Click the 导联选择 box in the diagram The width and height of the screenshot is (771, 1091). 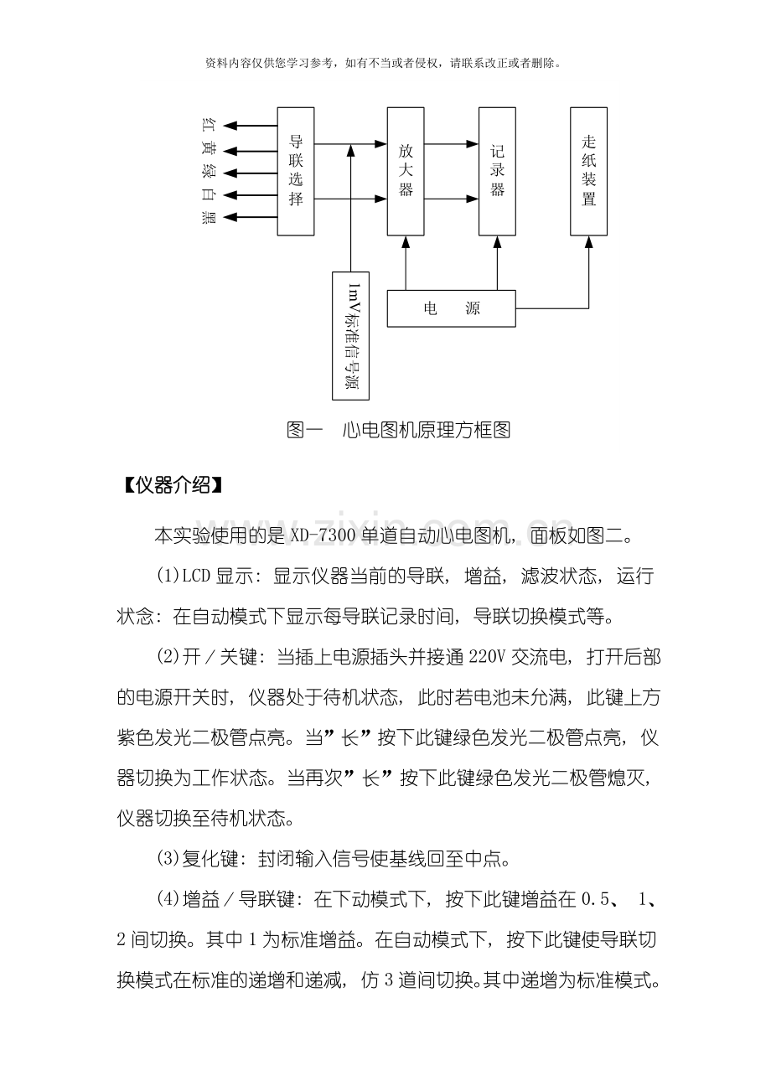[296, 171]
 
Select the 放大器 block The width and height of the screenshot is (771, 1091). [406, 171]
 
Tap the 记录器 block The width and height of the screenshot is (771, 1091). [498, 171]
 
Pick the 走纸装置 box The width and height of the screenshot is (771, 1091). [588, 171]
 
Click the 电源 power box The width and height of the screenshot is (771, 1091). [451, 308]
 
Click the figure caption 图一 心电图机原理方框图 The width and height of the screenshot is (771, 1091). [398, 431]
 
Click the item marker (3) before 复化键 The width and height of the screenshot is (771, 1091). [167, 859]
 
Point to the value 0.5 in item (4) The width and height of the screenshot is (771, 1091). [596, 900]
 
